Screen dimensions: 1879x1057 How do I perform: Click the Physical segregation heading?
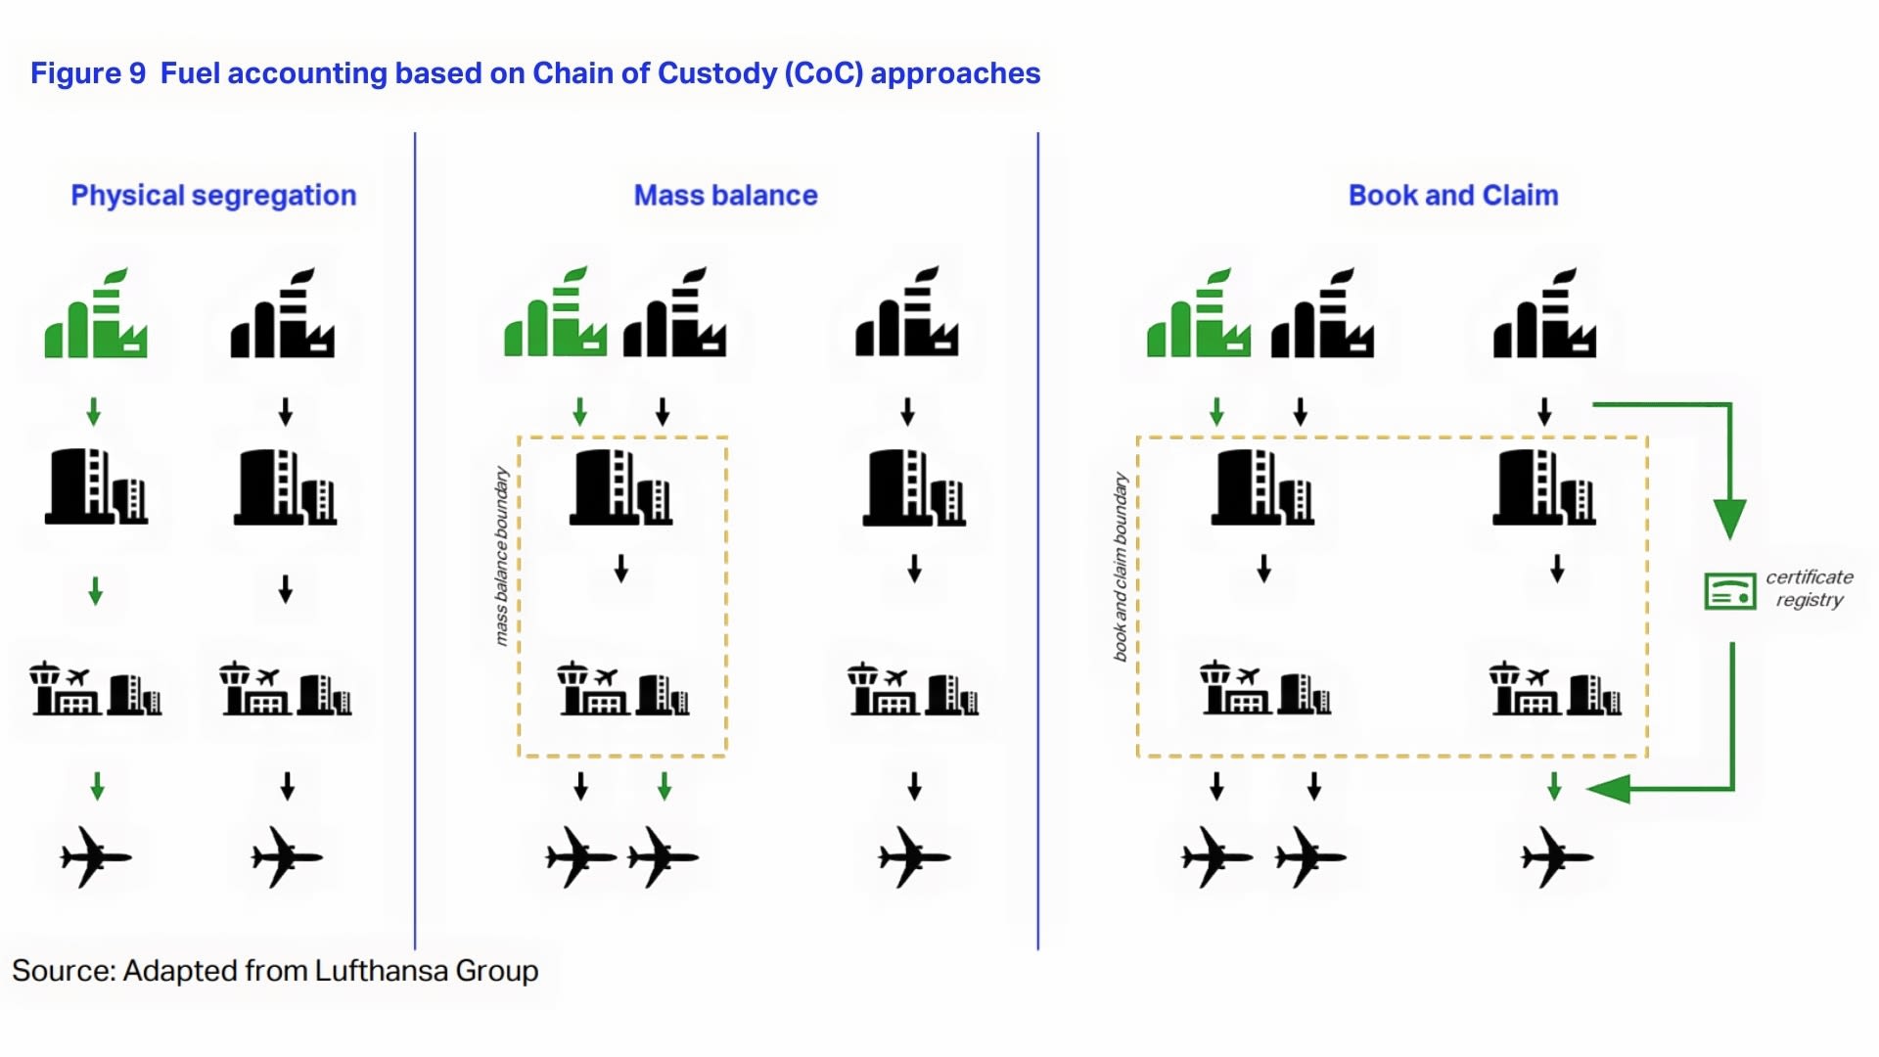point(213,196)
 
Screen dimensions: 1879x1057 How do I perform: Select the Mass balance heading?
point(725,196)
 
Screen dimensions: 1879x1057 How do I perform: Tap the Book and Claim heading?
point(1453,196)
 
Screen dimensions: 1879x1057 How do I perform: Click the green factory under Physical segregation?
point(96,313)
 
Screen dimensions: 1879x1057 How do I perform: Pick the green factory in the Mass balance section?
point(555,311)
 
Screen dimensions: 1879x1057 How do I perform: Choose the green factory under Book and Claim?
point(1198,313)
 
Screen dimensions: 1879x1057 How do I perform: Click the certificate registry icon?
point(1729,591)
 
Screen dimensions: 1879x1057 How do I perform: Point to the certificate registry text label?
point(1810,588)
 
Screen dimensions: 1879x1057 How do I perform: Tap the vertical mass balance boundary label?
point(501,556)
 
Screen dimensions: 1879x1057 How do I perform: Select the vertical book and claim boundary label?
point(1121,567)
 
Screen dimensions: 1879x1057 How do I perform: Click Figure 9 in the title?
point(88,73)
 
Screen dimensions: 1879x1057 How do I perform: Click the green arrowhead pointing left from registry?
point(1608,788)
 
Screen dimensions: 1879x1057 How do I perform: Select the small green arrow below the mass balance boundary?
point(665,786)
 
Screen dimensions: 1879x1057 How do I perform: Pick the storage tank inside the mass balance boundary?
point(620,486)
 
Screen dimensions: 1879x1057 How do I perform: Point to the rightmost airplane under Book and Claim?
point(1557,857)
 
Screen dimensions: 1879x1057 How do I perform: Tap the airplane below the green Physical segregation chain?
point(96,857)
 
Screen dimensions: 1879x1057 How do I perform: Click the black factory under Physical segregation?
point(283,313)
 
